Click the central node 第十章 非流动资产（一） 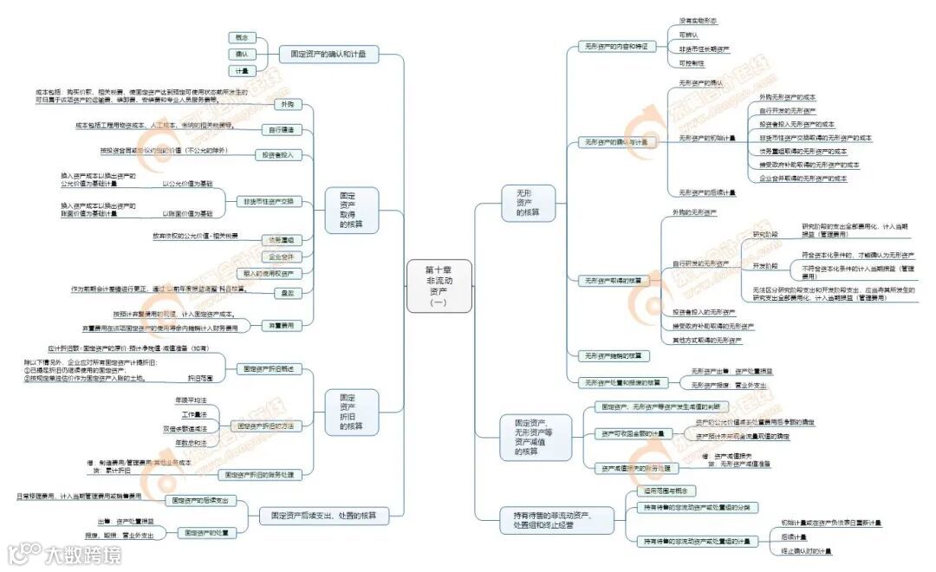click(439, 286)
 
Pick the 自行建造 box click(281, 130)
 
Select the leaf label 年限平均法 click(190, 400)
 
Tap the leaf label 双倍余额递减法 click(184, 428)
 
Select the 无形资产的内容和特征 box click(615, 46)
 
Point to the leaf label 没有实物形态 click(698, 20)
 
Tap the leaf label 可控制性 click(692, 63)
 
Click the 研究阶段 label click(764, 235)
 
